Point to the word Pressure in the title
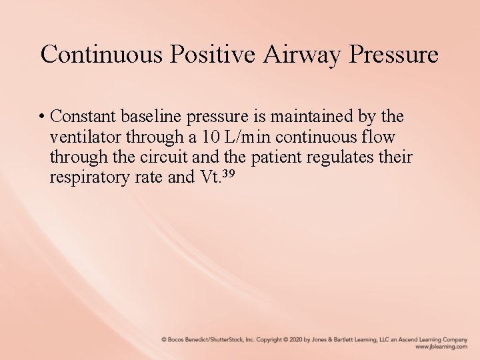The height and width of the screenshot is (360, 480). coord(398,54)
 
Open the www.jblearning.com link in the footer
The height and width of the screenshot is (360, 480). coord(441,347)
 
